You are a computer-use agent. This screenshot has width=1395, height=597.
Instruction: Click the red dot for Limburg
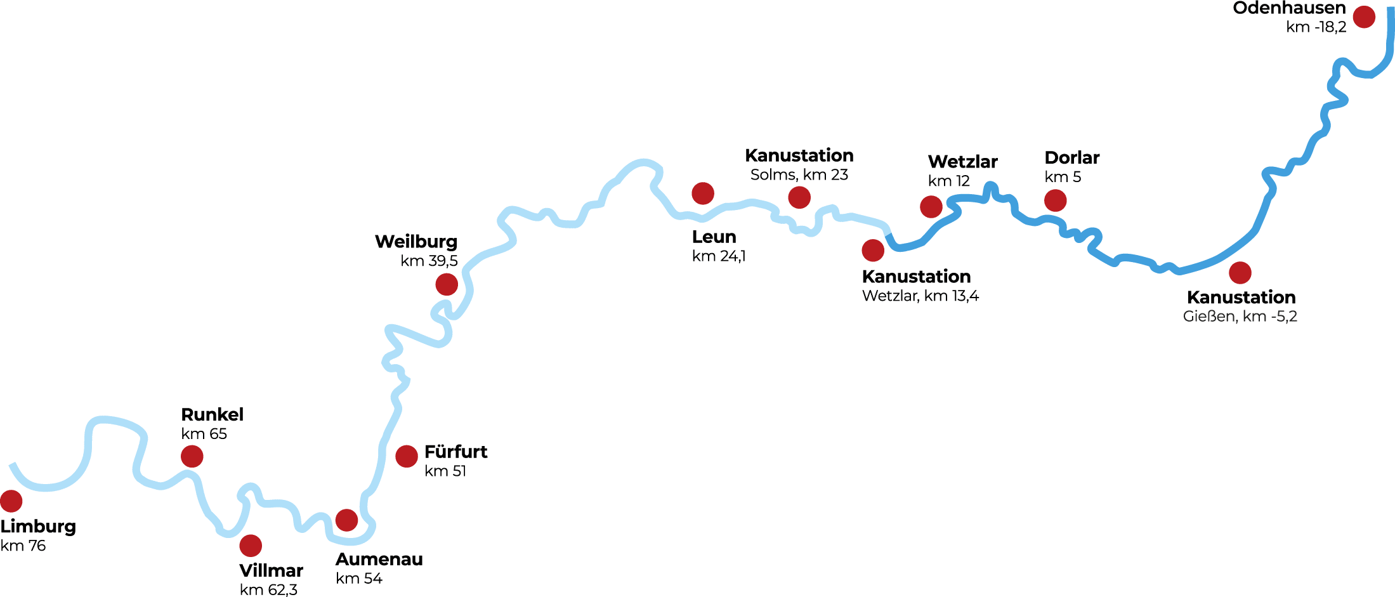tap(11, 501)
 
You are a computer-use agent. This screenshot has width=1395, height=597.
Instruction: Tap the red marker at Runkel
tap(192, 456)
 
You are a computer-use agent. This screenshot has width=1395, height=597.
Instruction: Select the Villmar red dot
tap(251, 546)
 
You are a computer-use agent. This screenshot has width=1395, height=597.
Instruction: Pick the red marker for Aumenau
tap(346, 520)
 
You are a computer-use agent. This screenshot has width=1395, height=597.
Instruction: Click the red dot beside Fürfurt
tap(407, 456)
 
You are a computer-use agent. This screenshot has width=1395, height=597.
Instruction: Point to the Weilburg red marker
tap(447, 285)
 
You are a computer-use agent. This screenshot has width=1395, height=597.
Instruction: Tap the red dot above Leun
tap(703, 194)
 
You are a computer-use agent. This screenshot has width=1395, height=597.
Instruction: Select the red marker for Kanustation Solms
tap(799, 197)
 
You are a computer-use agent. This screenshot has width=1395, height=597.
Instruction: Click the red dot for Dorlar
tap(1056, 200)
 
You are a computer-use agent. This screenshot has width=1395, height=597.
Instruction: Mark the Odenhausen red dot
tap(1364, 17)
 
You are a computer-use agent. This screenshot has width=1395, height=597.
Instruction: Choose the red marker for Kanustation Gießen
tap(1240, 273)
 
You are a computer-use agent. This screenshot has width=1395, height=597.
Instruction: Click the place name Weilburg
tap(416, 242)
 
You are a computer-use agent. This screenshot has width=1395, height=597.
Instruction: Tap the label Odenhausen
tap(1289, 8)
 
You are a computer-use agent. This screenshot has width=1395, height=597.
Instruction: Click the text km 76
tap(23, 546)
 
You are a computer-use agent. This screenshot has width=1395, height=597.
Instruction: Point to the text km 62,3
tap(268, 589)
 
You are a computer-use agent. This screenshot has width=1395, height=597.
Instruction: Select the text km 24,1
tap(719, 256)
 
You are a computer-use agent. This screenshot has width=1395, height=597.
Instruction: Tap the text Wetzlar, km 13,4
tap(920, 296)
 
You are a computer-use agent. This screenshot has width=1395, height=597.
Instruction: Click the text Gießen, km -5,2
tap(1240, 317)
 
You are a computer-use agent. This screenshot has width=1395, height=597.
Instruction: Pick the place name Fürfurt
tap(455, 452)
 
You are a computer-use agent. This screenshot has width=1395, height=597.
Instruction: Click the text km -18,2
tap(1316, 27)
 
